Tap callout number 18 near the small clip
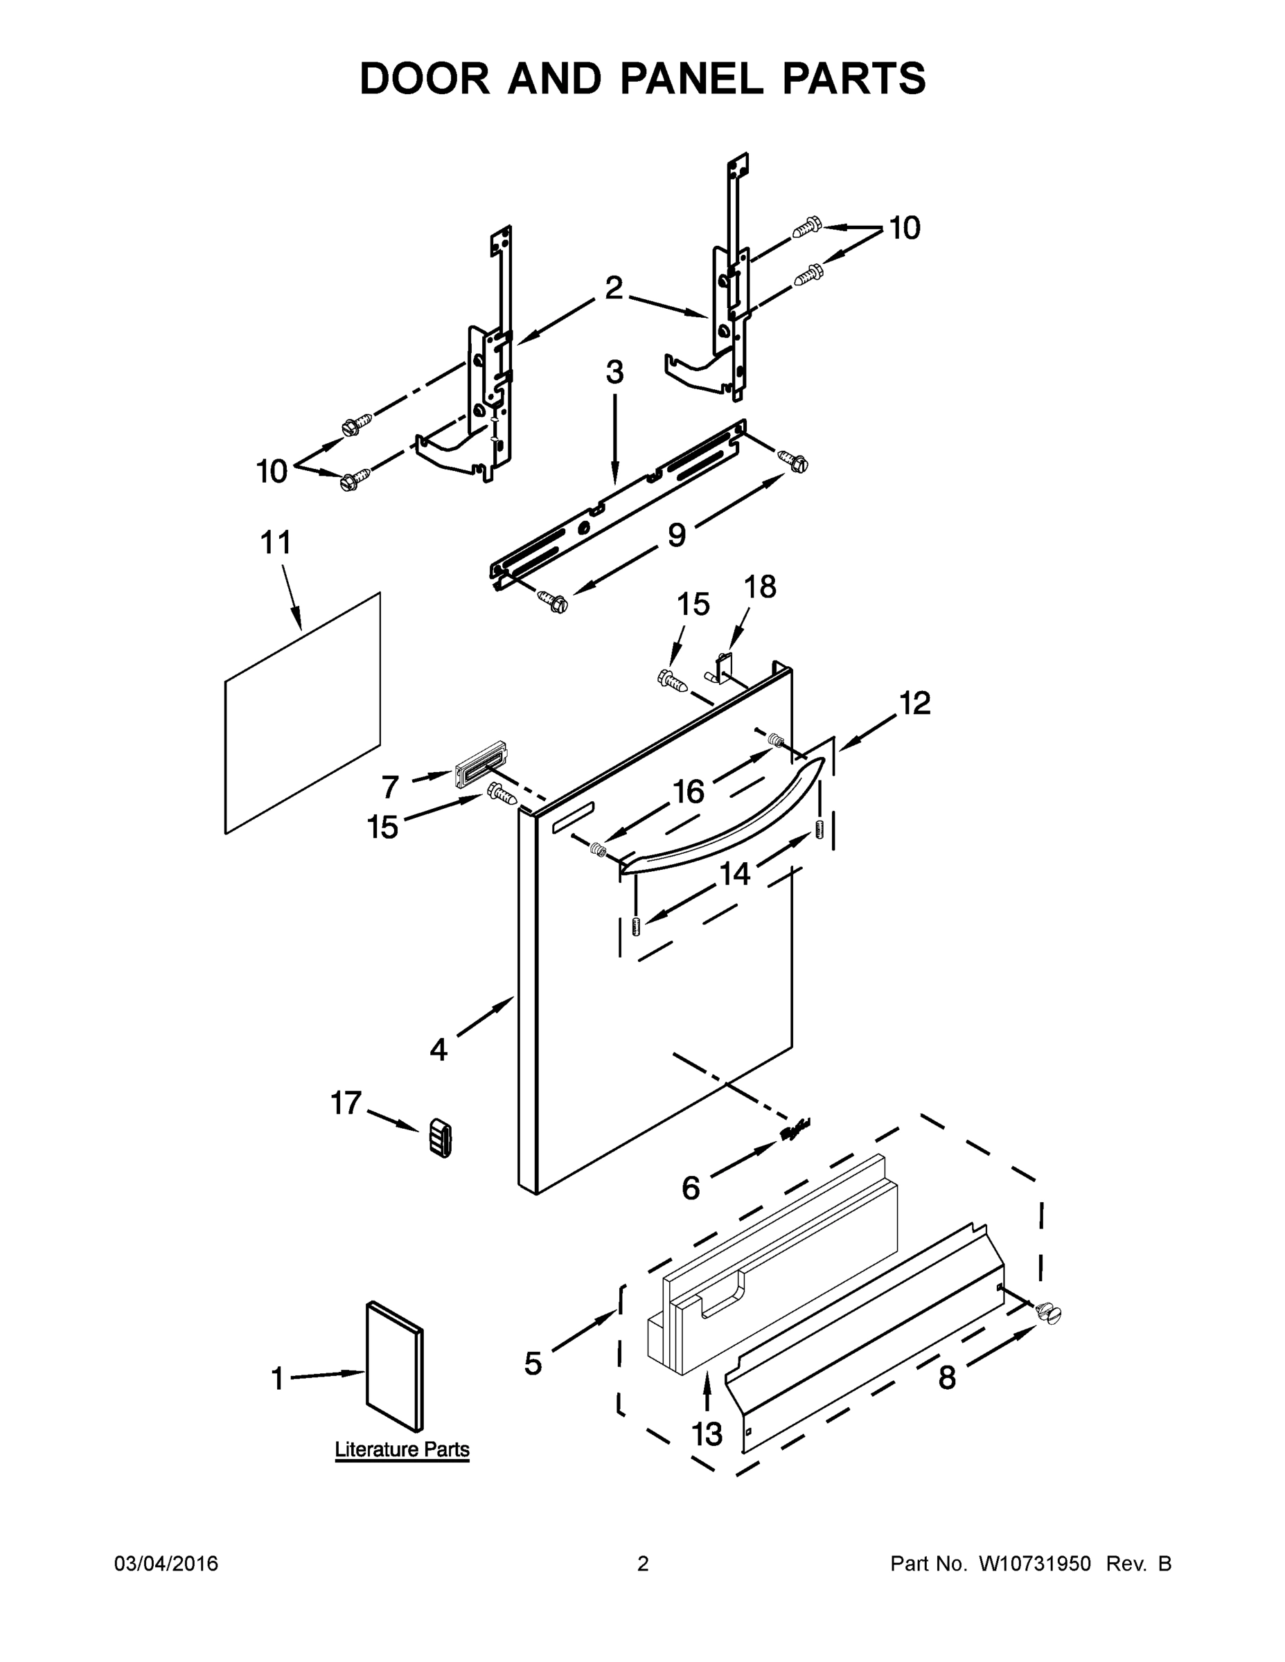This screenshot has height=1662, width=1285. tap(760, 587)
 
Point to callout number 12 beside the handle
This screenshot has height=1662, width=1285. tap(915, 703)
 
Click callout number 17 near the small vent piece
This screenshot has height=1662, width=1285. tap(346, 1102)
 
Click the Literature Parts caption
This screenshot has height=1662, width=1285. tap(402, 1449)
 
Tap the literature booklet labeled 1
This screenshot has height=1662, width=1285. tap(393, 1366)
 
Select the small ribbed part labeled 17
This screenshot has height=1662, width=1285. tap(439, 1138)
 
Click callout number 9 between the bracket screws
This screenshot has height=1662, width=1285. tap(676, 535)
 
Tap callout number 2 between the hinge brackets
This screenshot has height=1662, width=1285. tap(614, 288)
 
